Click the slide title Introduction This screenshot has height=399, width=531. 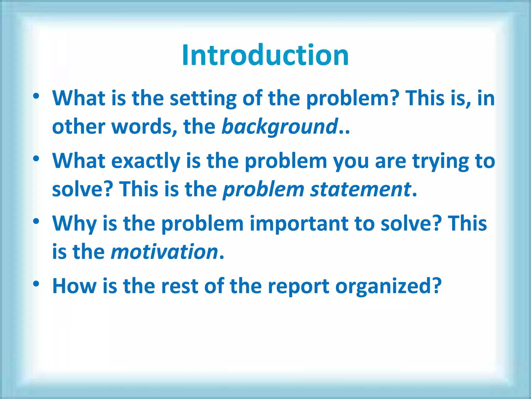265,55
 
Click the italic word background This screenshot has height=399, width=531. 280,127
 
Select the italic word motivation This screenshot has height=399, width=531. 164,252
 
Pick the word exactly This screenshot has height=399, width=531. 146,161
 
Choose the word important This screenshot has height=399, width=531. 299,224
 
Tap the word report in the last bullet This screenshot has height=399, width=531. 298,286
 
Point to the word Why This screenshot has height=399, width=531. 74,224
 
